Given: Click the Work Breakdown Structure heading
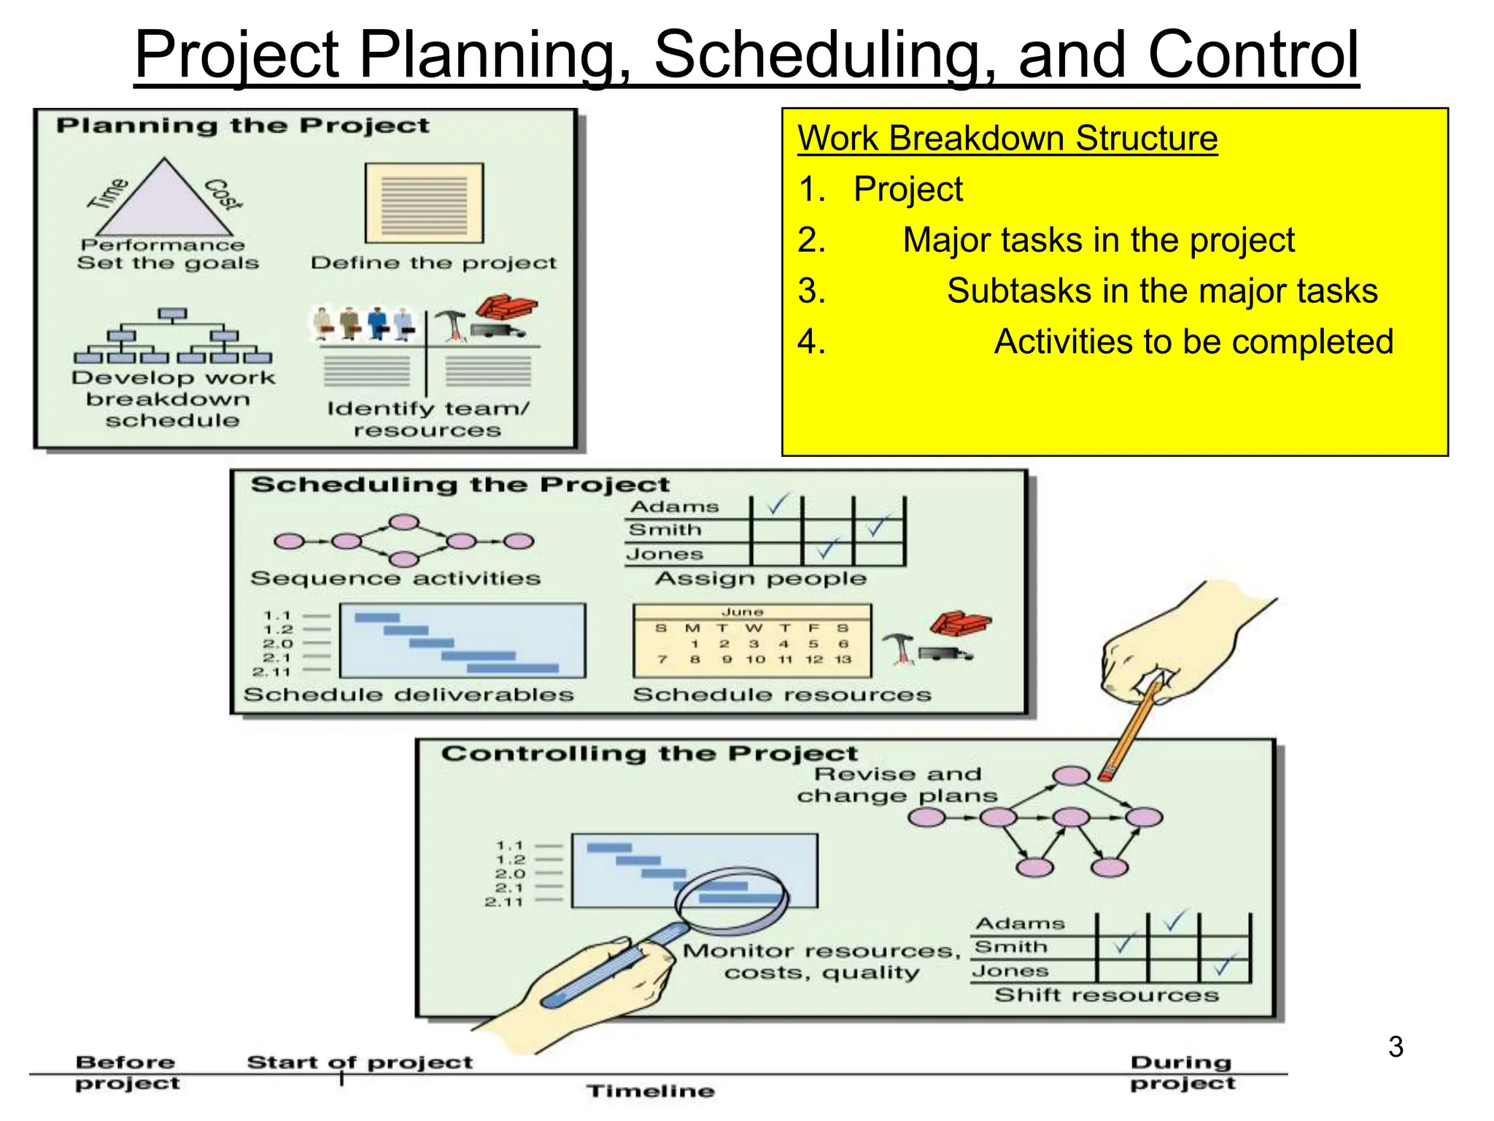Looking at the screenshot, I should pyautogui.click(x=1007, y=138).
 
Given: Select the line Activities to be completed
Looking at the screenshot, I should pyautogui.click(x=1193, y=342).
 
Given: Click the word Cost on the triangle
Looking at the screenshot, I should pyautogui.click(x=222, y=193).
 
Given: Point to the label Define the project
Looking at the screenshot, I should pyautogui.click(x=433, y=263).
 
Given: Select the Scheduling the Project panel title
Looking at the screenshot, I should pyautogui.click(x=460, y=485).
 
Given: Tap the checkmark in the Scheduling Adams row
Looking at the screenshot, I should pyautogui.click(x=777, y=504).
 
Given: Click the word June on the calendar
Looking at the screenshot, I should pyautogui.click(x=743, y=612).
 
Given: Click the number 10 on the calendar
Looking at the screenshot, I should pyautogui.click(x=755, y=659).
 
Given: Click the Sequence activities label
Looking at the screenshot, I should pyautogui.click(x=395, y=579).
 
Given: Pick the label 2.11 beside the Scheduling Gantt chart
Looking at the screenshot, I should pyautogui.click(x=271, y=671).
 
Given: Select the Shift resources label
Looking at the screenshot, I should pyautogui.click(x=1106, y=995).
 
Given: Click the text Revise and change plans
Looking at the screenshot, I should pyautogui.click(x=897, y=785).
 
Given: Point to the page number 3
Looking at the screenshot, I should pyautogui.click(x=1396, y=1047).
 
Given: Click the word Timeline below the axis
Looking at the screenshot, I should pyautogui.click(x=650, y=1091).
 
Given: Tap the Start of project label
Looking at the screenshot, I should pyautogui.click(x=360, y=1062).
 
